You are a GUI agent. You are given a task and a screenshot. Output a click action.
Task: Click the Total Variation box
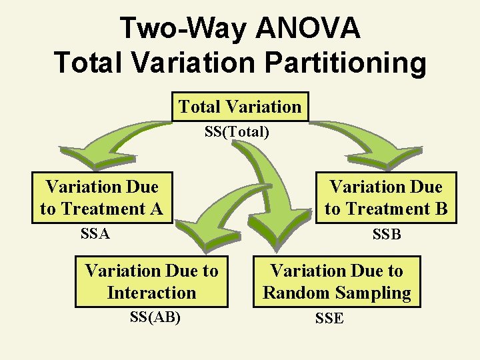[x=240, y=107]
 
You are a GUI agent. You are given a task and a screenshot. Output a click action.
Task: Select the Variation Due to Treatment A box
[x=101, y=198]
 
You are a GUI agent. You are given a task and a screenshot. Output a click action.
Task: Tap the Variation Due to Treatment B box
[x=386, y=198]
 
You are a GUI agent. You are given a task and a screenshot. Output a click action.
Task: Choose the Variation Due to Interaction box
[x=151, y=281]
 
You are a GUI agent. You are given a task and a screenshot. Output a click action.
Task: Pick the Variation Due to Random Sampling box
[x=337, y=281]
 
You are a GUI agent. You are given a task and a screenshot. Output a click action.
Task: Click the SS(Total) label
[x=237, y=132]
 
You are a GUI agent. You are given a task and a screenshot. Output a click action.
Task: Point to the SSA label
[x=95, y=234]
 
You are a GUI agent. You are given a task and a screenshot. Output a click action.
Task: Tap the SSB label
[x=387, y=235]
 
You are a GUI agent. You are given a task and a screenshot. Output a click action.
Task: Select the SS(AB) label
[x=155, y=317]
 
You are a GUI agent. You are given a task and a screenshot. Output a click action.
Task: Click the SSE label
[x=329, y=318]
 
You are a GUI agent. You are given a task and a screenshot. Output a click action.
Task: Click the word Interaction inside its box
[x=151, y=293]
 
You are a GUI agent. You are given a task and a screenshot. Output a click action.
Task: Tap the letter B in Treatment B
[x=441, y=209]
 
